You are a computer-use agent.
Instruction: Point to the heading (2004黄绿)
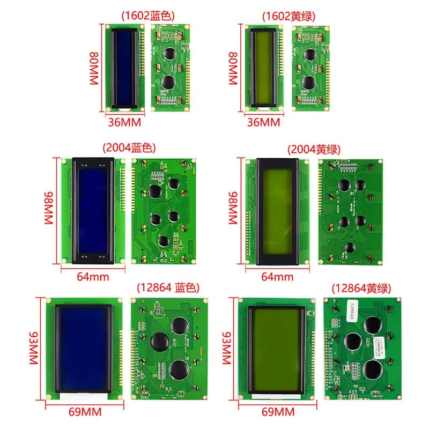point(314,150)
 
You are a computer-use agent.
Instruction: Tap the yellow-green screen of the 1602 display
point(264,68)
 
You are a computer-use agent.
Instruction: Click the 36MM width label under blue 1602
point(124,122)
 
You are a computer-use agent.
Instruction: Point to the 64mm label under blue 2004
point(93,277)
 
